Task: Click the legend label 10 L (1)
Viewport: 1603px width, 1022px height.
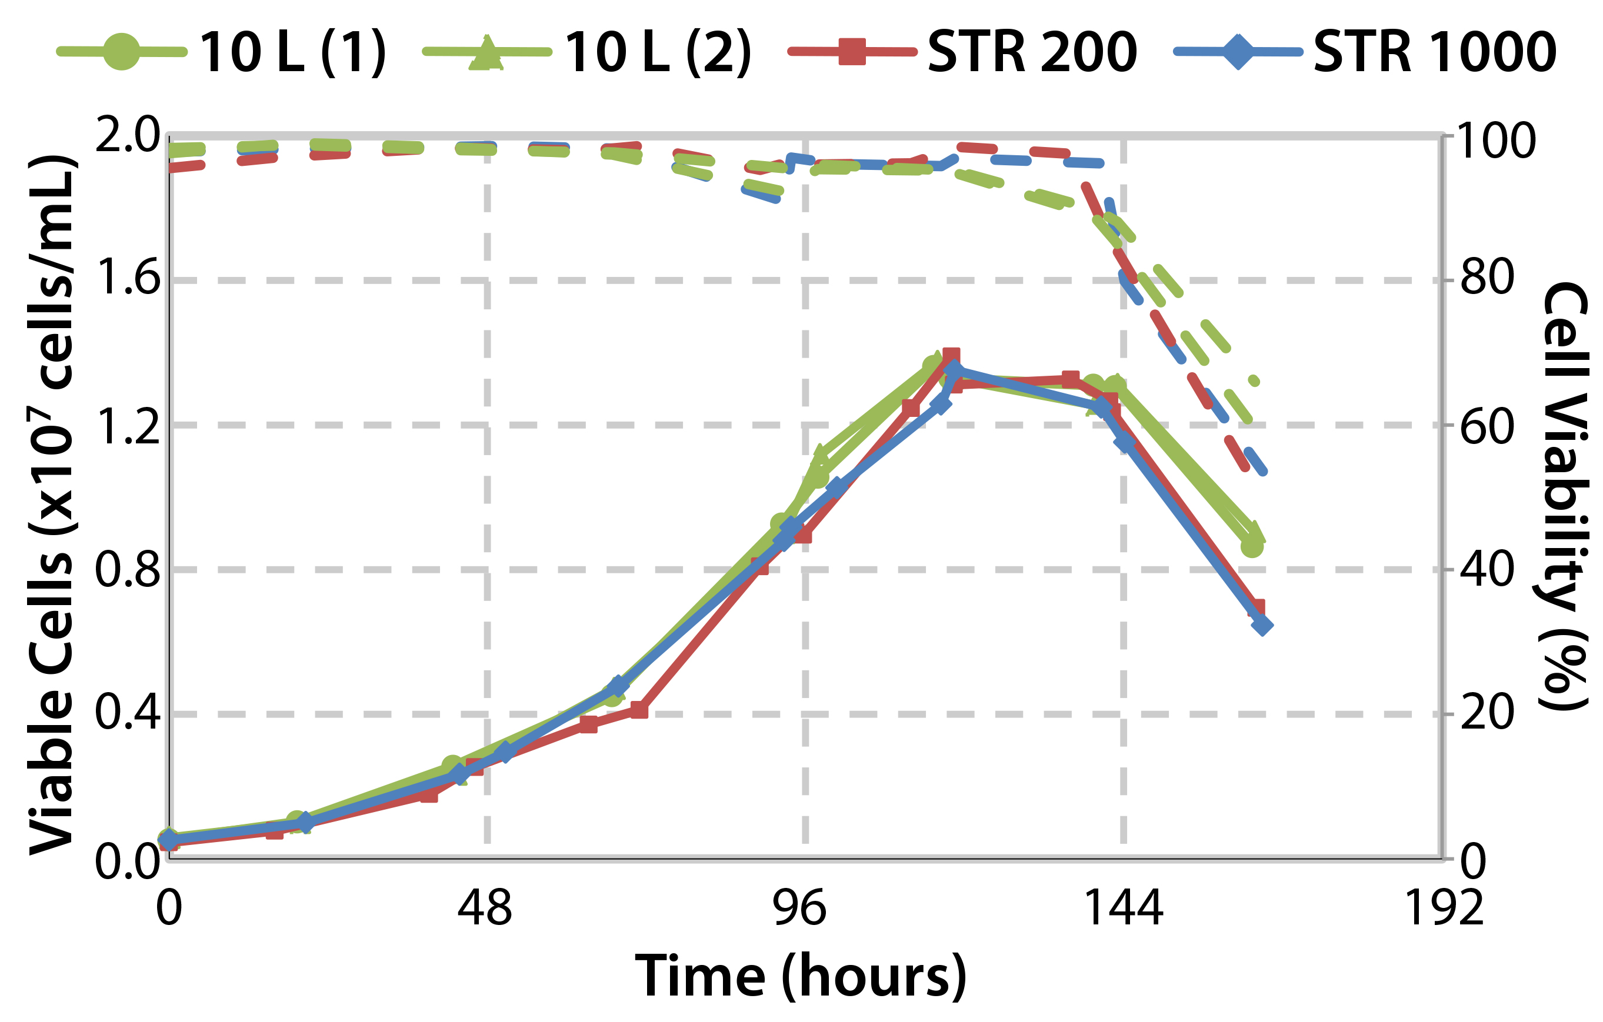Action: tap(293, 52)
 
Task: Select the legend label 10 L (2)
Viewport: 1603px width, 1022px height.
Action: tap(658, 52)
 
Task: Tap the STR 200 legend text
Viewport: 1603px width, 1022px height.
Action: tap(1032, 52)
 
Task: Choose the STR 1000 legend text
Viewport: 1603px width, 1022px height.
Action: tap(1435, 52)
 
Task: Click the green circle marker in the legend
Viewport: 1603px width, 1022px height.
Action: tap(122, 51)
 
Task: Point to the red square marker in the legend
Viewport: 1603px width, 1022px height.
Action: tap(852, 52)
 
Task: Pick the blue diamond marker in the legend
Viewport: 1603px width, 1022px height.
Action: tap(1238, 52)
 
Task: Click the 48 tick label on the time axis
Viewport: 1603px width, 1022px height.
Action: tap(485, 907)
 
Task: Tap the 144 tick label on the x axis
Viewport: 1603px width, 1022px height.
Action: tap(1124, 907)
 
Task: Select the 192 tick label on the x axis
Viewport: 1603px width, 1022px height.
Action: tap(1443, 907)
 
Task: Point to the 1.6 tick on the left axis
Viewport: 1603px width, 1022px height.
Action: tap(128, 278)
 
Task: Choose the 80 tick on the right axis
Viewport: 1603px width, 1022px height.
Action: tap(1487, 278)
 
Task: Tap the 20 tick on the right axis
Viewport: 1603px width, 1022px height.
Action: tap(1487, 713)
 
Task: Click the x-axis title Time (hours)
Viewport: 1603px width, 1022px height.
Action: tap(801, 977)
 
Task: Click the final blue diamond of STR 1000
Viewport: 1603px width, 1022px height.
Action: tap(1262, 626)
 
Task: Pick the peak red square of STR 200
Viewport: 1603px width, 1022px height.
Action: tap(951, 356)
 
